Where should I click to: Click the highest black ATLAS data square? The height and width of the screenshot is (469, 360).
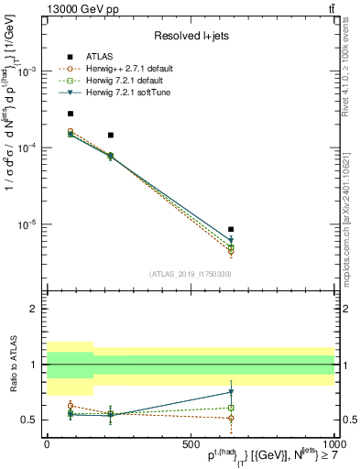click(x=71, y=114)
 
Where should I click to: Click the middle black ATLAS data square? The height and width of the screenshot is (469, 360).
click(x=110, y=135)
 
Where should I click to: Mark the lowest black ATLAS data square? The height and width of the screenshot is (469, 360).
click(x=231, y=229)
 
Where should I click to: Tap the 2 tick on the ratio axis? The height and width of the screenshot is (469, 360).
click(x=35, y=309)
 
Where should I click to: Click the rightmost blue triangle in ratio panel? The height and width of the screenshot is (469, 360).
click(x=231, y=392)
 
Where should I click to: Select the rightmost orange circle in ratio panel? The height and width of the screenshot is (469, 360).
click(x=231, y=418)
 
